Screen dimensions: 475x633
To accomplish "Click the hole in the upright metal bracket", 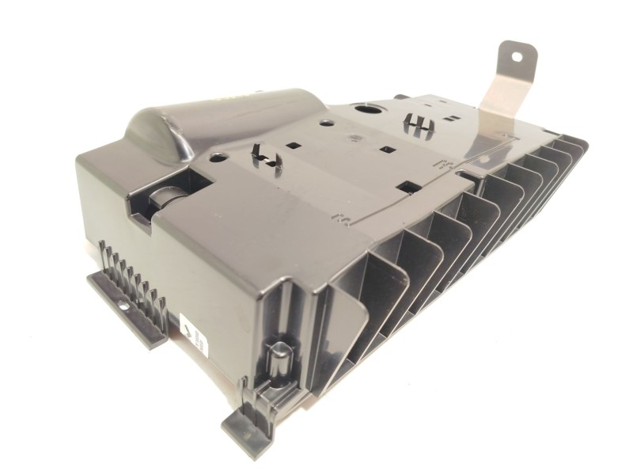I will coord(518,57).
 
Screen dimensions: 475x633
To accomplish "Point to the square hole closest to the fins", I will coord(409,187).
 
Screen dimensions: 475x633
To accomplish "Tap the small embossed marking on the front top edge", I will coord(341,215).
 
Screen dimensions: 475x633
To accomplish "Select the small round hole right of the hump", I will coord(325,122).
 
